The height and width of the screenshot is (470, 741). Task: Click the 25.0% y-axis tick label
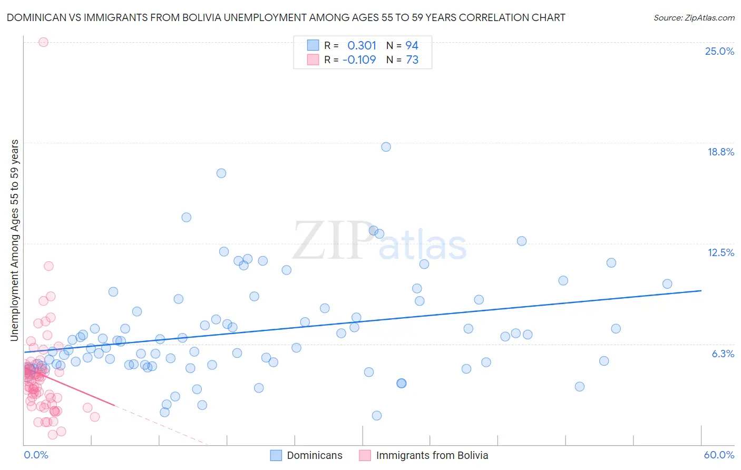719,51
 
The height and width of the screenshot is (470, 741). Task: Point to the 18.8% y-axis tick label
720,152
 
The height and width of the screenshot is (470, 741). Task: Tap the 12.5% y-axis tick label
720,252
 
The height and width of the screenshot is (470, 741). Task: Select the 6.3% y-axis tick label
723,354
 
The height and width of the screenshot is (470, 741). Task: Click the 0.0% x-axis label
36,455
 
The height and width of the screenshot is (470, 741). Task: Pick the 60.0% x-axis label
718,455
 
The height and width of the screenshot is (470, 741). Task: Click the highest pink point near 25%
43,42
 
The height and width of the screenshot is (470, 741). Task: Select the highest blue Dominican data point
386,147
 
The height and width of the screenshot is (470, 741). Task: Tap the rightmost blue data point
667,284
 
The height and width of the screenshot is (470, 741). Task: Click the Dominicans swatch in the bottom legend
276,455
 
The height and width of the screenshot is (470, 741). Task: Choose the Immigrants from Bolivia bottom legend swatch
365,455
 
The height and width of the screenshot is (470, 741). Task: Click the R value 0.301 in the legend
362,45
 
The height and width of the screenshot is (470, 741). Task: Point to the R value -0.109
359,60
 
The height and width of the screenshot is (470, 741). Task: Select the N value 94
412,45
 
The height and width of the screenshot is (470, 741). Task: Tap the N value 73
412,60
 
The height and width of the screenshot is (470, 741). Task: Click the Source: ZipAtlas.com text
694,17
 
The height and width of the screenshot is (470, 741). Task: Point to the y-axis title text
14,240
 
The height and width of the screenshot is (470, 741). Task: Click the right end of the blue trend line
701,290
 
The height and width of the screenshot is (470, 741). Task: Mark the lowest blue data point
377,416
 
